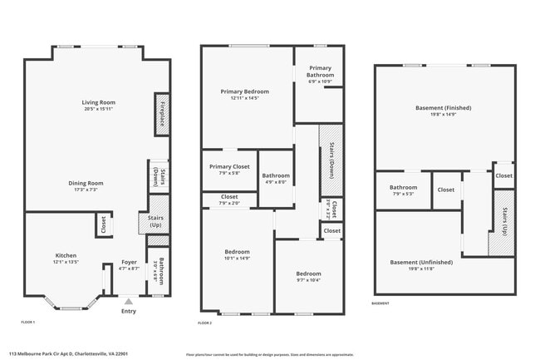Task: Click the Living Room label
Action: [x=98, y=101]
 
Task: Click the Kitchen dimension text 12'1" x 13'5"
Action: [x=66, y=262]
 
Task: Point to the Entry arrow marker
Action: [x=128, y=302]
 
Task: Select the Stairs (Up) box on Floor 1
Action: [x=155, y=222]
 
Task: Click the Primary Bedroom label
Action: [x=244, y=91]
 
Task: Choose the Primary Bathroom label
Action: [x=320, y=71]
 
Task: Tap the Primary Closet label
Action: [x=229, y=166]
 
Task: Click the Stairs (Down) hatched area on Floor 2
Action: [x=331, y=158]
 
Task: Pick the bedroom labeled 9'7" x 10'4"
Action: [x=309, y=274]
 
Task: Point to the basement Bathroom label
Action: [x=403, y=188]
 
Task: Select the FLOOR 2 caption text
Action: [x=205, y=323]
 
